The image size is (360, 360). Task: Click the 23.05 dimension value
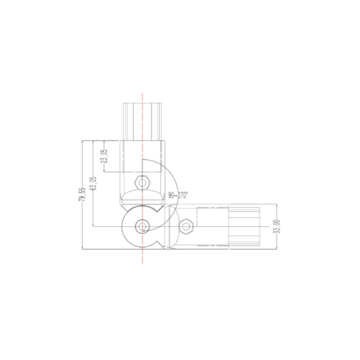click(104, 156)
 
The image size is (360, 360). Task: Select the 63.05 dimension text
click(93, 183)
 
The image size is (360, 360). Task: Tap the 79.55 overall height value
click(82, 195)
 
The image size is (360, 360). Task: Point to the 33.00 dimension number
click(277, 226)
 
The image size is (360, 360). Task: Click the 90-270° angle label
click(178, 195)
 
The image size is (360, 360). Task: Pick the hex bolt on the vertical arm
click(142, 183)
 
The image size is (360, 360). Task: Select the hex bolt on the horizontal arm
click(185, 226)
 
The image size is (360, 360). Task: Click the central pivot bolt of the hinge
click(142, 226)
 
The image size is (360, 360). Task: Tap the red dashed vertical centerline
click(142, 178)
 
